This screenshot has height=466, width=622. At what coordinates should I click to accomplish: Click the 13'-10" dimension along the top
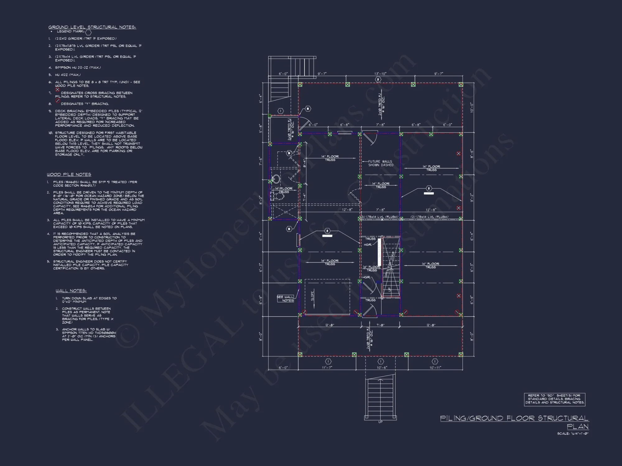coord(380,74)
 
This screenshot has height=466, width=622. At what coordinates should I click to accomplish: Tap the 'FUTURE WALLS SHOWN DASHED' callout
coord(380,163)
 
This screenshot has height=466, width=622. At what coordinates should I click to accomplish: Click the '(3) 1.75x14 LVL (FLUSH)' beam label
coord(379,217)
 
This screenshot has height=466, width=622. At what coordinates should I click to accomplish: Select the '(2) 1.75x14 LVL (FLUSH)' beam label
coord(429,217)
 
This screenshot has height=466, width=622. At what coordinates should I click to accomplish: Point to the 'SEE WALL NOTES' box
coord(285,299)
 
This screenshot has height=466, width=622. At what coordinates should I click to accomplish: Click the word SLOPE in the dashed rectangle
coord(313,295)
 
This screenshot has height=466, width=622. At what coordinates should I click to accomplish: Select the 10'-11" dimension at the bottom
coord(435,368)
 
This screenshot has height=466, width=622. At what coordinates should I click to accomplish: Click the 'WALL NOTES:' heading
coord(71,291)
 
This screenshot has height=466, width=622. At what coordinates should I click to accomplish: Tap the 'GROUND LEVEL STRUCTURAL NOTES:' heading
coord(92,27)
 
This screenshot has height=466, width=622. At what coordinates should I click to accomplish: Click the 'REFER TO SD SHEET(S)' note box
coord(555,399)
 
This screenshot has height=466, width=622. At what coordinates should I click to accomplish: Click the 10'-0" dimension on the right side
coord(471,107)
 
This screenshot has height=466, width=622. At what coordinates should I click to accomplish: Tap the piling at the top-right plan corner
coord(461,85)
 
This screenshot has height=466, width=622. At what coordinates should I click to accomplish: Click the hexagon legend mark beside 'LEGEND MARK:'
coord(88,32)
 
